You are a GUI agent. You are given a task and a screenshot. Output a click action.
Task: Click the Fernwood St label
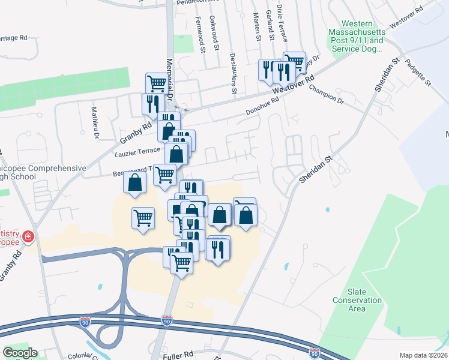click(200, 35)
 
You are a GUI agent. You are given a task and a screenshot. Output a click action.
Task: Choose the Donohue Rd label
click(263, 107)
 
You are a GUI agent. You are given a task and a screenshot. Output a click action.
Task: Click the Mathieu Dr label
click(95, 122)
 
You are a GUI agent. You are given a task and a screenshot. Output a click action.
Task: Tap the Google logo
click(20, 353)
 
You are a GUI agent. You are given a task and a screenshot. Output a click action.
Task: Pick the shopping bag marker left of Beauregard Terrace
click(134, 182)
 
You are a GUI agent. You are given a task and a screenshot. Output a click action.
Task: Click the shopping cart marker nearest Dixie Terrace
click(294, 62)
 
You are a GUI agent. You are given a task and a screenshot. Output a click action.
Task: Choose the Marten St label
click(258, 26)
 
